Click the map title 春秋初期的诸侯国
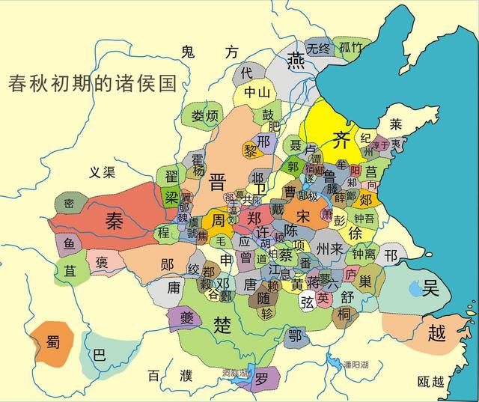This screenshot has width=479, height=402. coord(92,83)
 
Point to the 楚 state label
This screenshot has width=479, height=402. coord(223,324)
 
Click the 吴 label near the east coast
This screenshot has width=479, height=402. coord(430,288)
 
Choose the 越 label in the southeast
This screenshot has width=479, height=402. coord(436,333)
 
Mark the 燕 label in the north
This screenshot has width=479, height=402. coord(297,59)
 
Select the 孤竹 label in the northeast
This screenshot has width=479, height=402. coord(351,48)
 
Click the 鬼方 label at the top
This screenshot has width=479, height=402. coord(210,52)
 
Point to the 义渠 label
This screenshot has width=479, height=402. coord(102,173)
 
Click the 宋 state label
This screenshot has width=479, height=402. coord(303,215)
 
